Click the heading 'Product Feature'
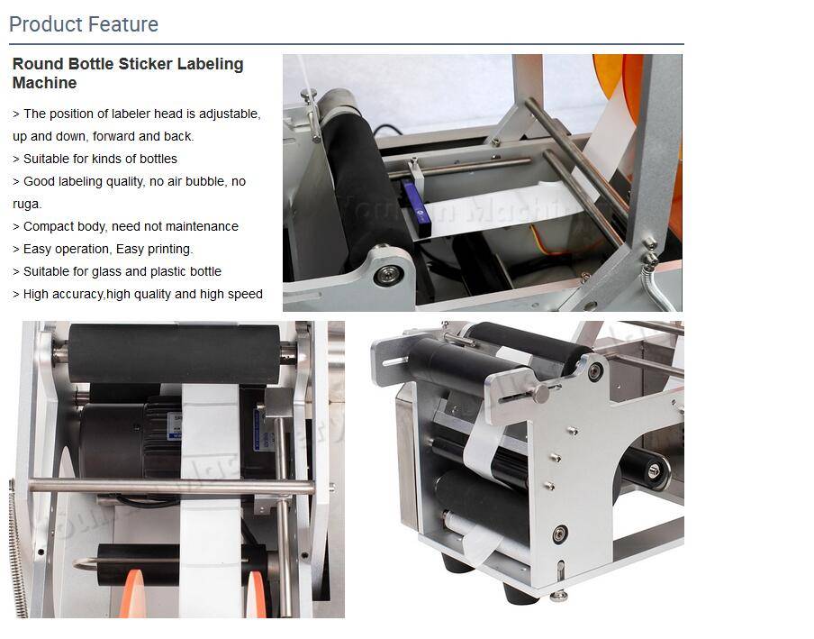tap(84, 24)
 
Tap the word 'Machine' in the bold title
tap(44, 83)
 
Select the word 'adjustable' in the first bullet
tap(230, 114)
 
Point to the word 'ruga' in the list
tap(27, 204)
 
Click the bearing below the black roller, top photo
tap(388, 273)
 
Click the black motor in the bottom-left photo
tap(122, 442)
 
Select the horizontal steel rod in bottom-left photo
tap(171, 488)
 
